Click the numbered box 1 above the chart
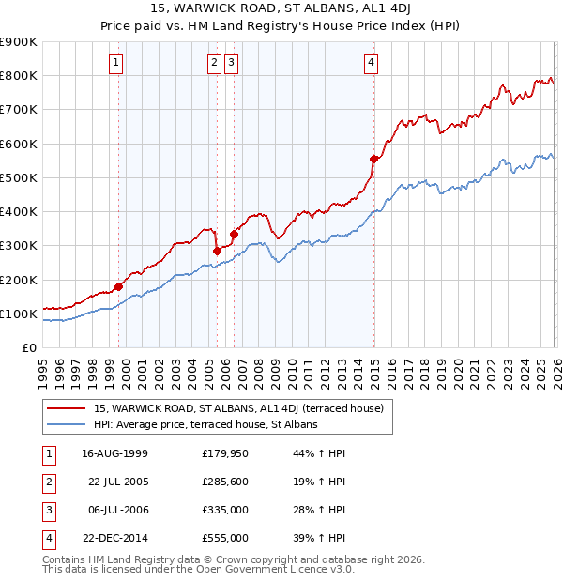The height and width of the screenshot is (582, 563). click(x=115, y=63)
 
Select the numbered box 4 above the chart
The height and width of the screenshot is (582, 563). click(x=372, y=63)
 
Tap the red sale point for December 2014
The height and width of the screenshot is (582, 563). click(x=374, y=160)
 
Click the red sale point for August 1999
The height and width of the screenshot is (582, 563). click(x=119, y=286)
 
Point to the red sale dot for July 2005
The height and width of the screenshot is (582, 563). click(x=217, y=251)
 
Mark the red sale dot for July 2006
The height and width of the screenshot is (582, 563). click(x=234, y=234)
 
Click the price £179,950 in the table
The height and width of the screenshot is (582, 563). click(x=225, y=453)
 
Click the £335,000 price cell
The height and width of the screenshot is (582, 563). click(x=225, y=510)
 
